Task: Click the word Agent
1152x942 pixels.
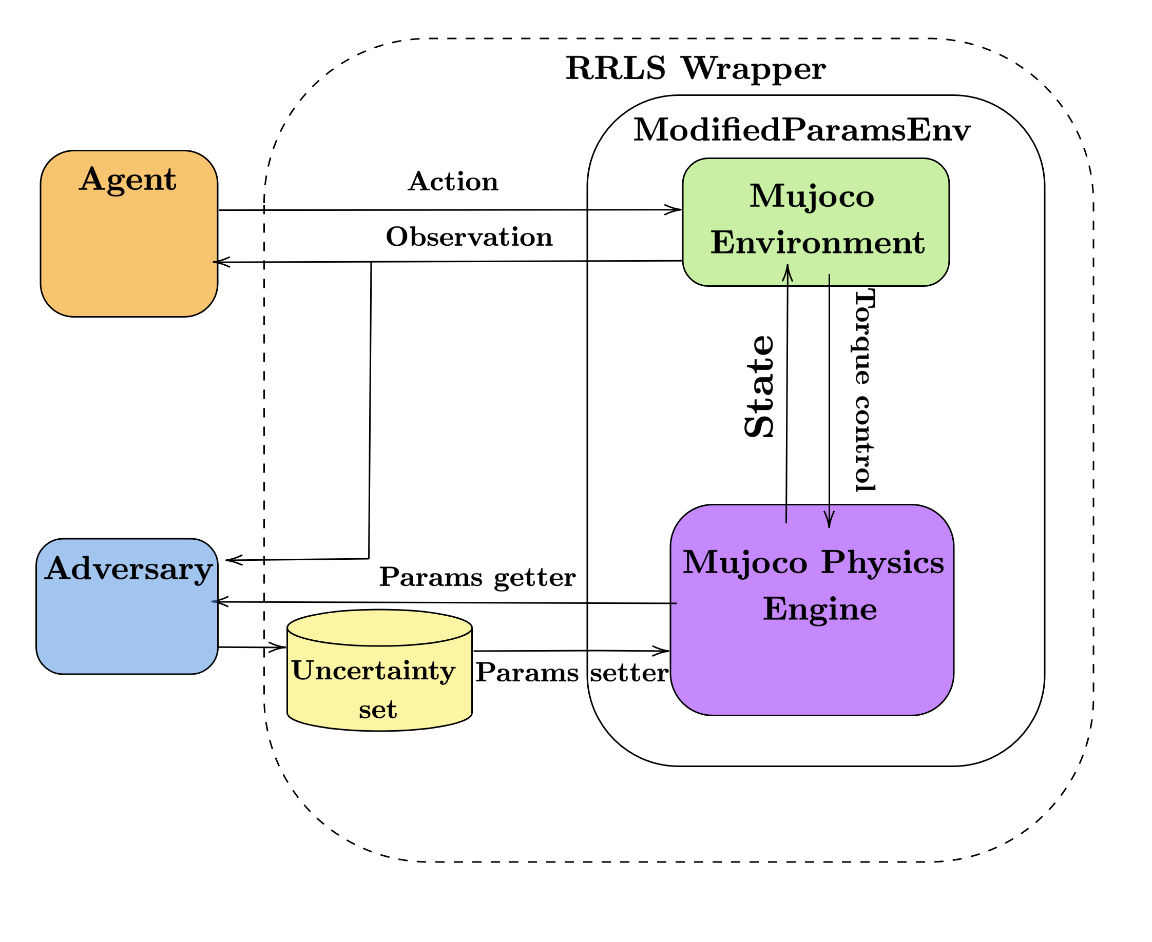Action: coord(128,180)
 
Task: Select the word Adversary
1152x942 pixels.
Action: coord(129,569)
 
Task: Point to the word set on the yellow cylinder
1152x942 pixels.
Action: coord(378,710)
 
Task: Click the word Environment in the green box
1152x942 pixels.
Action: coord(818,243)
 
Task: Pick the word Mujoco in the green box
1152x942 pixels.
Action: coord(812,197)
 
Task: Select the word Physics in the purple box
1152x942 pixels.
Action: coord(882,562)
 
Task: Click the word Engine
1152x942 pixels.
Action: coord(820,610)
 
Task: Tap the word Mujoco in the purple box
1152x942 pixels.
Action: coord(745,562)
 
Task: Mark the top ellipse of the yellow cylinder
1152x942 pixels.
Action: coord(379,629)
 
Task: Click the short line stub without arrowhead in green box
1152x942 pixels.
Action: coord(830,280)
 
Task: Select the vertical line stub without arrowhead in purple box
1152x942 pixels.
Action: coord(786,514)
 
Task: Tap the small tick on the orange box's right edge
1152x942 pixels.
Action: coord(215,262)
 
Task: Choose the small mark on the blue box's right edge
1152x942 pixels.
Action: coord(215,601)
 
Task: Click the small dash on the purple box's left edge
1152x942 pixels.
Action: coord(674,603)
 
